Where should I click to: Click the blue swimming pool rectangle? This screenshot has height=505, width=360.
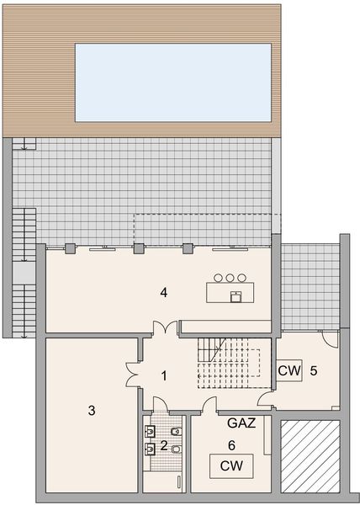173,82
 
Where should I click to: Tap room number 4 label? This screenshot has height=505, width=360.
165,293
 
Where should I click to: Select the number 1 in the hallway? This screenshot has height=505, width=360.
165,375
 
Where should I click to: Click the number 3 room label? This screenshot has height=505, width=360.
92,411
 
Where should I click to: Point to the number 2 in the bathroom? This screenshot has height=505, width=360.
164,444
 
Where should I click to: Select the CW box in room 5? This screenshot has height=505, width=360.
289,369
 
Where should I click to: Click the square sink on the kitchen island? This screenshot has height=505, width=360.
236,295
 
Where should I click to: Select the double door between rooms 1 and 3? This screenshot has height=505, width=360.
132,372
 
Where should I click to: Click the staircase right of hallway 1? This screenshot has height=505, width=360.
227,362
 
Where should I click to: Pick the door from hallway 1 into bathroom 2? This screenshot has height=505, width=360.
157,404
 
